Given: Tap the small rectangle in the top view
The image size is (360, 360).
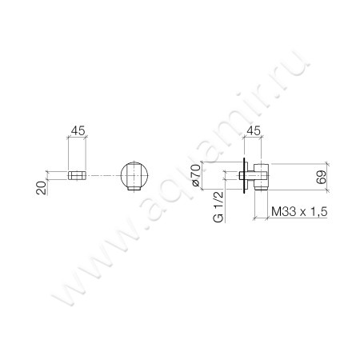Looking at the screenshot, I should point(78,174).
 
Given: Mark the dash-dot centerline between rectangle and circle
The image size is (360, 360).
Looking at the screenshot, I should point(104,174).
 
